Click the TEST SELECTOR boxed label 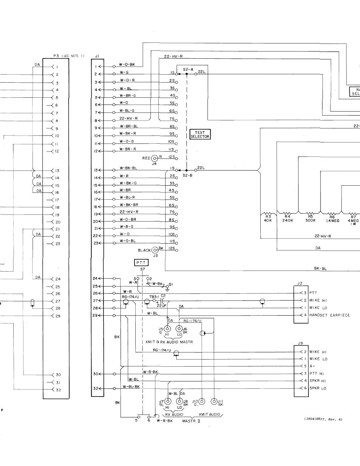point(200,134)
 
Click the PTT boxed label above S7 point(141,262)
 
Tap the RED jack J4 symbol point(155,158)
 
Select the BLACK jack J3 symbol point(155,250)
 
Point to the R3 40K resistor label point(268,218)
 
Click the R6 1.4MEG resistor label point(332,218)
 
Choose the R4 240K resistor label point(288,218)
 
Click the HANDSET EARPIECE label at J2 point(330,315)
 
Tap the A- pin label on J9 point(312,366)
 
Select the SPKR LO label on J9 point(318,388)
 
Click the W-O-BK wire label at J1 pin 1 point(127,64)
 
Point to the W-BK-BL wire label point(128,168)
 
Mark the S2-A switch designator point(188,69)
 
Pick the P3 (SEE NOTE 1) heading point(69,56)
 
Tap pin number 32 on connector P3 point(58,390)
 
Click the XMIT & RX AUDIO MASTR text point(169,342)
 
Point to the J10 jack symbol point(202,402)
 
